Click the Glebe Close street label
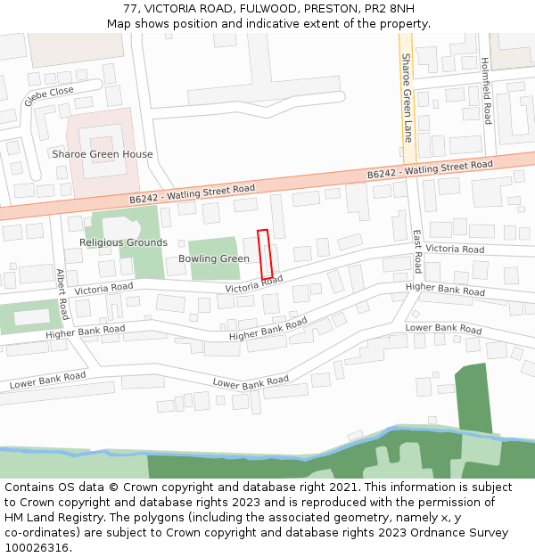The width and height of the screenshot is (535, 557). click(x=49, y=96)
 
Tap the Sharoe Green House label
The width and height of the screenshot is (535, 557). click(x=102, y=154)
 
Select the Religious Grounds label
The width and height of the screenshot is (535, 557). click(x=123, y=242)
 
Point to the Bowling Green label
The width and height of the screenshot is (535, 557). click(x=214, y=258)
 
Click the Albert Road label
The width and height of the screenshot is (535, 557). click(x=62, y=294)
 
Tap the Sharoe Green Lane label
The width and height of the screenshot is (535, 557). click(x=407, y=98)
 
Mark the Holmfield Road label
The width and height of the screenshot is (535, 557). click(x=486, y=91)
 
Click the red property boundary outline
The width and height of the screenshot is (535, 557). click(x=264, y=253)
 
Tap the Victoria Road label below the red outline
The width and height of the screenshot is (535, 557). click(x=253, y=284)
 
